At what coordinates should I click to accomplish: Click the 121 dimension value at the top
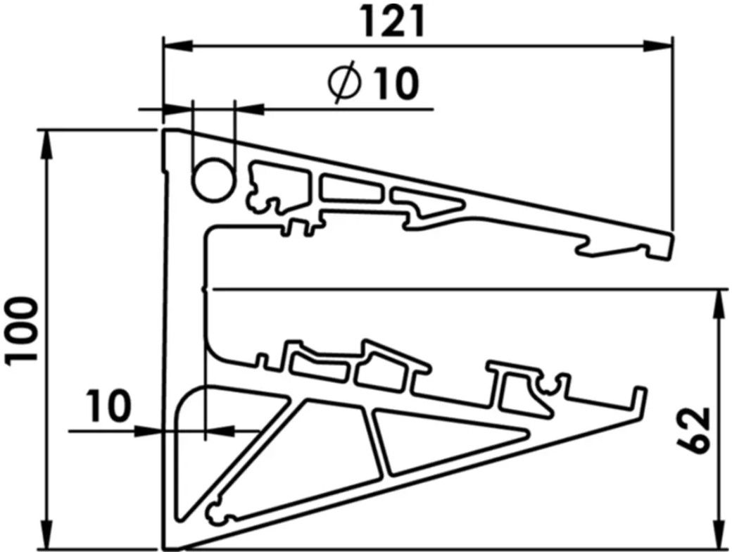394,23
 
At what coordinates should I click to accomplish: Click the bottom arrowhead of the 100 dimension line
48,539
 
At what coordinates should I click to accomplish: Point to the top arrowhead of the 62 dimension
721,300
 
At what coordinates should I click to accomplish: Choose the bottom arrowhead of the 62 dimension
721,539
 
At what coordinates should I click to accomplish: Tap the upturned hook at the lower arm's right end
639,399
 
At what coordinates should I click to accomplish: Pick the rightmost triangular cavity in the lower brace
436,440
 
